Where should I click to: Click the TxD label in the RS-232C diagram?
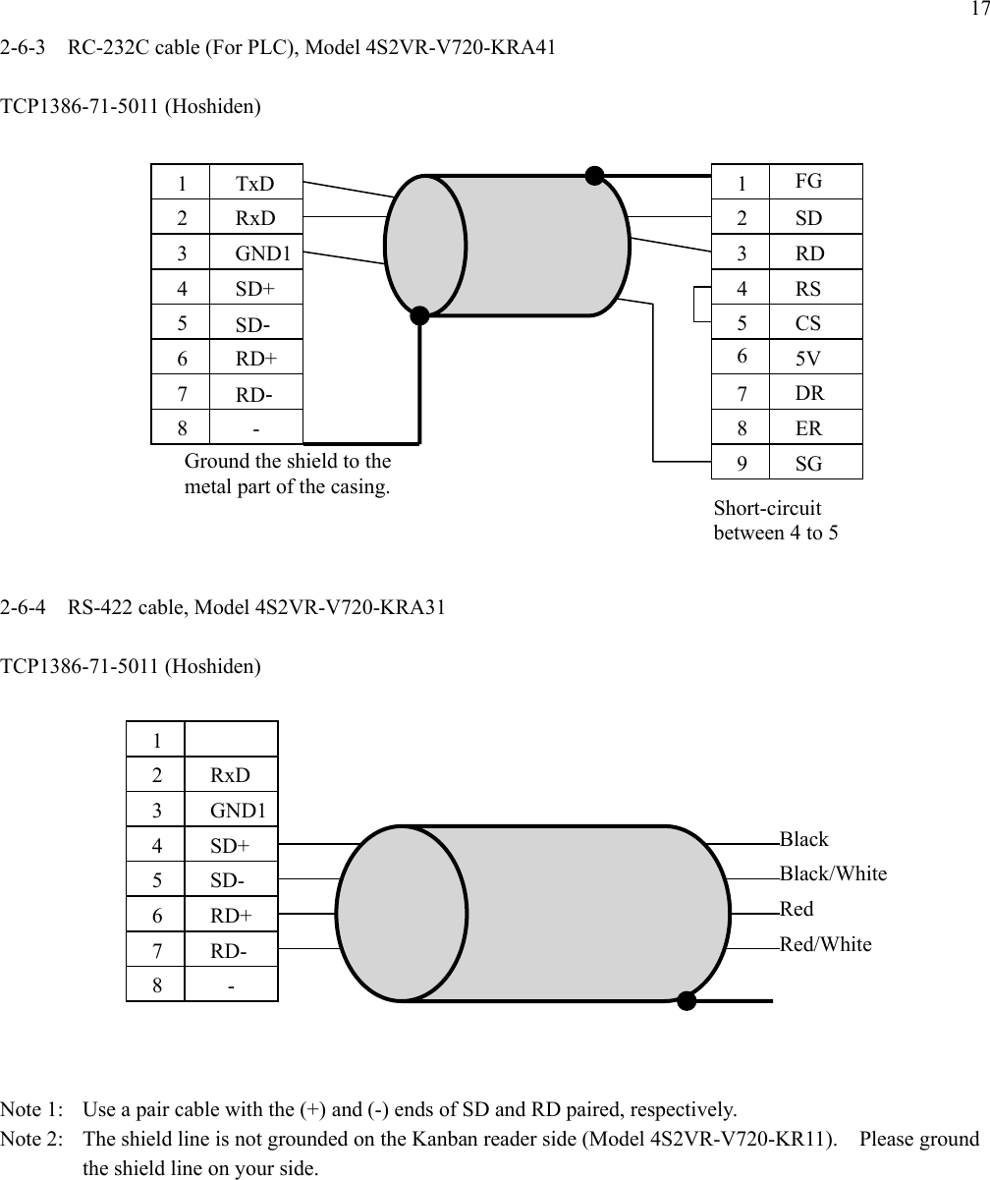click(x=255, y=183)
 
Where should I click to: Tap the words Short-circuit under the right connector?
click(x=767, y=508)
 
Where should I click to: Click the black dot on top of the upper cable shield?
click(x=593, y=176)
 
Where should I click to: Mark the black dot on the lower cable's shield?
click(x=687, y=1001)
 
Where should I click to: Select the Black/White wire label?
click(x=833, y=873)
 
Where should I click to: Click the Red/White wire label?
click(x=825, y=944)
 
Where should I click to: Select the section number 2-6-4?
click(x=27, y=607)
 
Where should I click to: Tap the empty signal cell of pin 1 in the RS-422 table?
click(x=230, y=739)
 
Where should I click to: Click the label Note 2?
click(x=34, y=1140)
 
